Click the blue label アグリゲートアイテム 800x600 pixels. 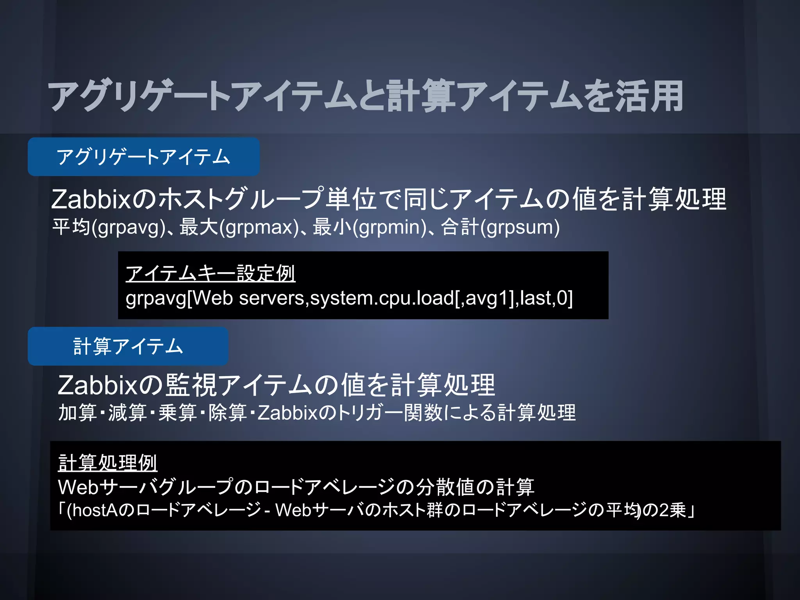click(143, 157)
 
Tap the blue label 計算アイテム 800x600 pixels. click(128, 346)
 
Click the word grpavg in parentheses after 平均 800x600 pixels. click(129, 228)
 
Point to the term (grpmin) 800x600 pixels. click(389, 228)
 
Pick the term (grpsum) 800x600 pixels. click(520, 228)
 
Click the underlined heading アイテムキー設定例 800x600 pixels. click(210, 273)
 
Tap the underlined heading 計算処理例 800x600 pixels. click(107, 463)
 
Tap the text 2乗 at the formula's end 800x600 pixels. click(673, 510)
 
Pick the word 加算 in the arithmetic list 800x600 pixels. click(77, 413)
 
